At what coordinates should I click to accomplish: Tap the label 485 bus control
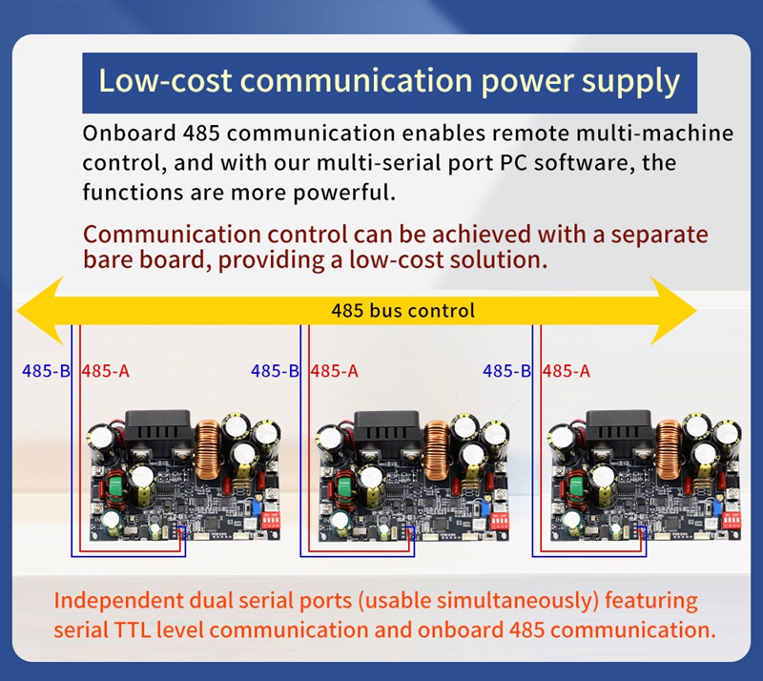point(402,311)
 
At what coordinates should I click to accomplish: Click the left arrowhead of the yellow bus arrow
point(40,311)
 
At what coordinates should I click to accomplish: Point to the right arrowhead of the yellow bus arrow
point(673,311)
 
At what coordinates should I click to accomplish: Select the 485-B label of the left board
point(46,371)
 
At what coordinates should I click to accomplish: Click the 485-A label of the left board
point(106,371)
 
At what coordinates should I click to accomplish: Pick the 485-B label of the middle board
point(275,371)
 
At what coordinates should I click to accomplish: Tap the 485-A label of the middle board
point(335,371)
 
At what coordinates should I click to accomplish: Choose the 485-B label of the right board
point(507,371)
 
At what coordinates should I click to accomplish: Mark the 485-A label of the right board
point(567,371)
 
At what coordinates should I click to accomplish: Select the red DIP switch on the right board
point(732,520)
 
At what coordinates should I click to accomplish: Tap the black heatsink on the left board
point(158,433)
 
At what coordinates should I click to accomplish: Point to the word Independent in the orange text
point(118,601)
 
